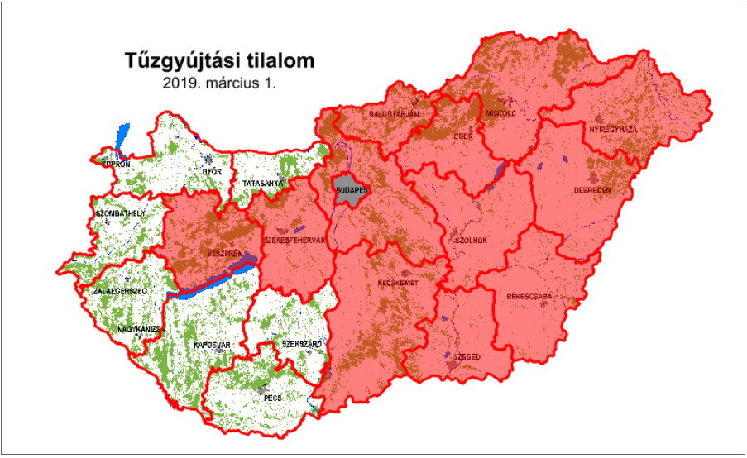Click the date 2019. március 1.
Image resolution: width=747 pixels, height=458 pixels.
point(220,83)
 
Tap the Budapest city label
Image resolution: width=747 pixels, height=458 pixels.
point(350,189)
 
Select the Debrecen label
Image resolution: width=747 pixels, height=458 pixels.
point(591,189)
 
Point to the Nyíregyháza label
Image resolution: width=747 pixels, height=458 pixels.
point(612,130)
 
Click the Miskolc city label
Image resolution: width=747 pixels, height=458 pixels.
point(501,112)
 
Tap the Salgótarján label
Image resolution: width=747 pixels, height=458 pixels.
point(395,112)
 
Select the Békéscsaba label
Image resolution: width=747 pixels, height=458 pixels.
point(531,295)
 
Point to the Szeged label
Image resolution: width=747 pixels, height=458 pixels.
point(467,356)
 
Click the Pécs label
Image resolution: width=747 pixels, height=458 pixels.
point(273,398)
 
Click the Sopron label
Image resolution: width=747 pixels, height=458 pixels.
point(116,164)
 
